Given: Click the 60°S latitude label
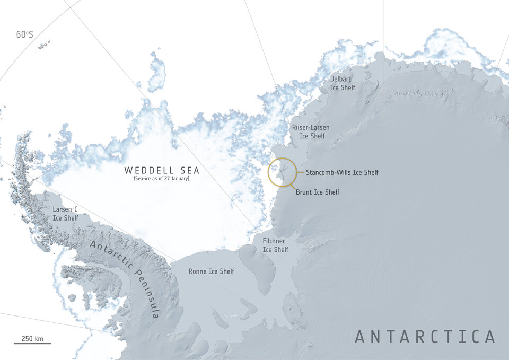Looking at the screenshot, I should (24, 34).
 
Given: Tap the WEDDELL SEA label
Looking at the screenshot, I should (162, 170).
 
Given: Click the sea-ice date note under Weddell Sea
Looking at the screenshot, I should (162, 179).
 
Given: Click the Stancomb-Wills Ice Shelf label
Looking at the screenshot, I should (342, 172).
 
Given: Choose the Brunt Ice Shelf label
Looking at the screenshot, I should (318, 192).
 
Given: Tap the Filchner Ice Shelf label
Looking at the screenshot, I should (276, 245).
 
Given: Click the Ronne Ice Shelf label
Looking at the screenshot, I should (211, 271).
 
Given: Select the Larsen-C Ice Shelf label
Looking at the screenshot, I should (65, 214).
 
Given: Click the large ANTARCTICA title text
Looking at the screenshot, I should (425, 337).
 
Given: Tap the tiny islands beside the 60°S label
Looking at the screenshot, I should (44, 46).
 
